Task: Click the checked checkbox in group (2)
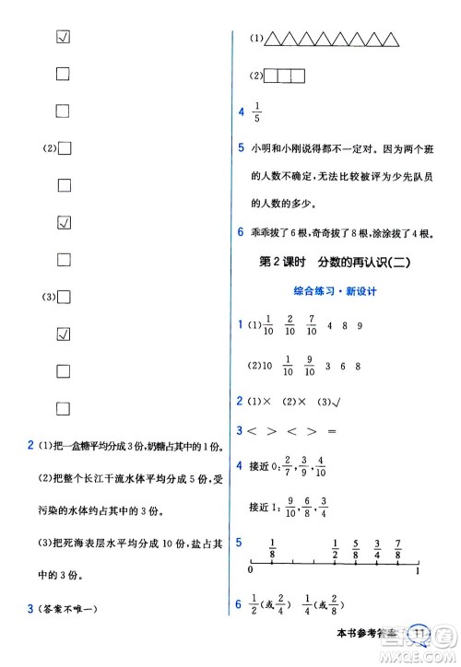point(64,222)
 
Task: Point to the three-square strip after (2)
point(283,76)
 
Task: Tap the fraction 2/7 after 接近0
point(286,465)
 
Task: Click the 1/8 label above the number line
point(273,546)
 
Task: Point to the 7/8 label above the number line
point(396,546)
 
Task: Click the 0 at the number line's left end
point(251,572)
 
